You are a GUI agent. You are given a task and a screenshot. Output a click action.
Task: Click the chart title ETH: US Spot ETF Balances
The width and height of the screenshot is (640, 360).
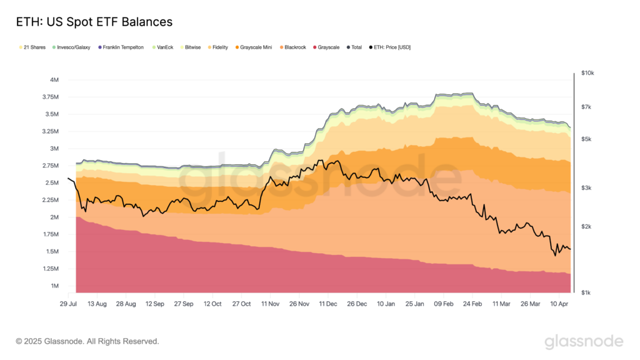(x=94, y=22)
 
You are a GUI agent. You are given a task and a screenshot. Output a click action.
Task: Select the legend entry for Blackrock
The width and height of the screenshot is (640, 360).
(x=295, y=47)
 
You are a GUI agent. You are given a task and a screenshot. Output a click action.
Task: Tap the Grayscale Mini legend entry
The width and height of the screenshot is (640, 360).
(x=256, y=47)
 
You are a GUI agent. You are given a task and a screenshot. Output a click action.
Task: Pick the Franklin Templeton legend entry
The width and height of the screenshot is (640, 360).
(x=121, y=47)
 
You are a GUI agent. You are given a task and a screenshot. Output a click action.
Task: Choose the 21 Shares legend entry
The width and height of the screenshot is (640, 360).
(x=33, y=47)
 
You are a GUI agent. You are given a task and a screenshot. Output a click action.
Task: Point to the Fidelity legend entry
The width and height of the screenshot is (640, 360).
(x=219, y=47)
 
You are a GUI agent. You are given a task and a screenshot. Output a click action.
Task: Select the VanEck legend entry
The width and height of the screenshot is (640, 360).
(x=164, y=47)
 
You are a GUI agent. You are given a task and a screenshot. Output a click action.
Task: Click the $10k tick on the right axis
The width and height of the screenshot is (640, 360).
(x=588, y=73)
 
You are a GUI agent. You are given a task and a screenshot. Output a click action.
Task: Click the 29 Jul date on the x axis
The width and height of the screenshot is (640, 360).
(x=68, y=304)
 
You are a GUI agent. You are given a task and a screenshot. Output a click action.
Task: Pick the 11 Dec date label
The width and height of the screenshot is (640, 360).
(x=328, y=304)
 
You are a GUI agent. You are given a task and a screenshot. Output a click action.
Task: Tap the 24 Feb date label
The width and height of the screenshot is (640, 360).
(x=472, y=304)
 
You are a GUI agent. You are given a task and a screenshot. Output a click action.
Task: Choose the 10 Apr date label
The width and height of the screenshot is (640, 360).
(x=559, y=304)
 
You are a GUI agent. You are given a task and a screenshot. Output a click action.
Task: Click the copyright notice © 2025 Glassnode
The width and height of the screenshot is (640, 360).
(x=87, y=341)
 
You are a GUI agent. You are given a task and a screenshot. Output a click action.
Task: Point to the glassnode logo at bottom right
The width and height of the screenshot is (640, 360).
(x=584, y=341)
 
